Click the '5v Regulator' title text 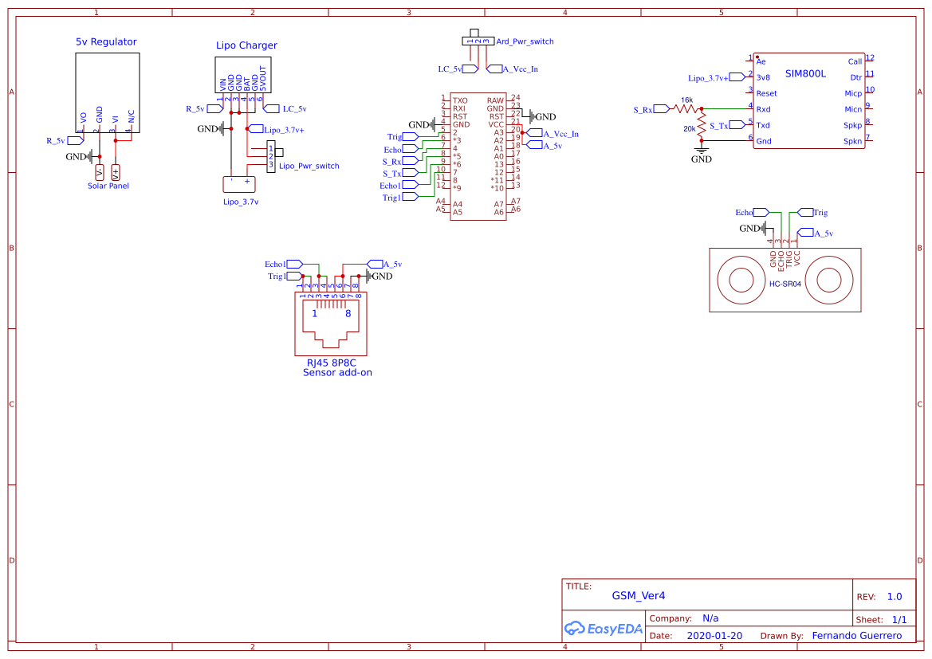click(x=106, y=42)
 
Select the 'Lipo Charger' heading click(x=246, y=45)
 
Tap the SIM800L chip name click(x=805, y=73)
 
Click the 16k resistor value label click(x=686, y=100)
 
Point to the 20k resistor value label click(x=689, y=128)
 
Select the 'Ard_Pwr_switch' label click(x=525, y=41)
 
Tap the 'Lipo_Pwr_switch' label click(x=309, y=167)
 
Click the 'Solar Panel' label click(x=108, y=186)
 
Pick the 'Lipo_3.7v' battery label click(x=241, y=202)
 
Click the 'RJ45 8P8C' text click(x=331, y=363)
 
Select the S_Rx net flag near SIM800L click(x=643, y=109)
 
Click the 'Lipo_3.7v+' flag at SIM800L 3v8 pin click(x=709, y=78)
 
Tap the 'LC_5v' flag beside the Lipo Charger click(x=294, y=108)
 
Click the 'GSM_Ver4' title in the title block click(x=638, y=595)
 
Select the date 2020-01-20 click(x=714, y=636)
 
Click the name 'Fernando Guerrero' click(x=856, y=636)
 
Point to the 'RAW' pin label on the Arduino click(x=495, y=100)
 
